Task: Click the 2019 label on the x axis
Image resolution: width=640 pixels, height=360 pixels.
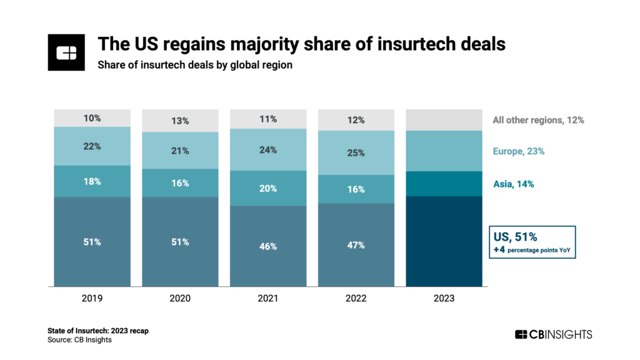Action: pyautogui.click(x=92, y=299)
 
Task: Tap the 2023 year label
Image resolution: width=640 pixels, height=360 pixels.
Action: pyautogui.click(x=444, y=299)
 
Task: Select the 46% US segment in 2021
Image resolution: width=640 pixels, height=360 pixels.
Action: pyautogui.click(x=268, y=246)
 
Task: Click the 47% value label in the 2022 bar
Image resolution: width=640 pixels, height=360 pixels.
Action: pyautogui.click(x=356, y=245)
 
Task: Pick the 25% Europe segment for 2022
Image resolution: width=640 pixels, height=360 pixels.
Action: pyautogui.click(x=356, y=152)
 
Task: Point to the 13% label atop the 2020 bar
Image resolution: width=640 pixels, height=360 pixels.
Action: pyautogui.click(x=180, y=121)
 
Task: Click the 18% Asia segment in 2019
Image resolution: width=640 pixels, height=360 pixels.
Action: pyautogui.click(x=92, y=181)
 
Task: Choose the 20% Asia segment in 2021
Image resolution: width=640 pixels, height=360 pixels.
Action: pyautogui.click(x=268, y=188)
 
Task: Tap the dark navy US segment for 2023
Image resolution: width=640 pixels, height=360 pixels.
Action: pyautogui.click(x=444, y=241)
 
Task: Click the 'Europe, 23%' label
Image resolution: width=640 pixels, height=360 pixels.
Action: pyautogui.click(x=518, y=151)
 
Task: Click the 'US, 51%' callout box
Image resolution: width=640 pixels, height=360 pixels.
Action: pyautogui.click(x=531, y=242)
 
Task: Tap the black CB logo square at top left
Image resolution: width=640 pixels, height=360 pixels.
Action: pyautogui.click(x=66, y=52)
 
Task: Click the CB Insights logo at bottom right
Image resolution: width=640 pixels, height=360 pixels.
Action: pyautogui.click(x=553, y=334)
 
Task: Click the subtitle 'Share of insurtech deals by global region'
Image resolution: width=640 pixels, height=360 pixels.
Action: pyautogui.click(x=194, y=65)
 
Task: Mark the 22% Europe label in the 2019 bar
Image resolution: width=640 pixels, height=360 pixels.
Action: pyautogui.click(x=92, y=146)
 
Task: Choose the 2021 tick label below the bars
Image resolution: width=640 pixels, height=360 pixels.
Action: pyautogui.click(x=268, y=299)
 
